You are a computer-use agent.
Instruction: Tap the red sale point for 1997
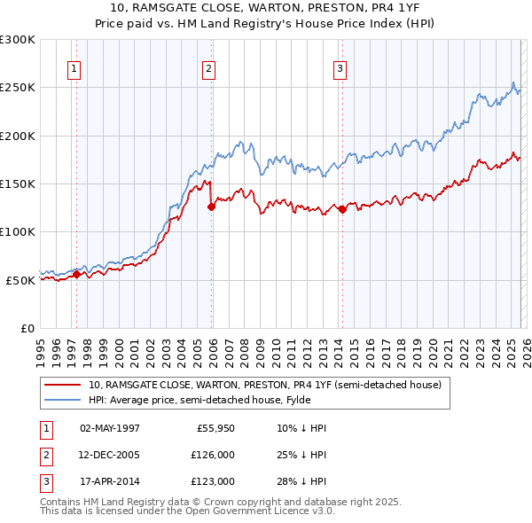76,274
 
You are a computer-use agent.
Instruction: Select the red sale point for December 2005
211,207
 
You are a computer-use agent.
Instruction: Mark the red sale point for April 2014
342,210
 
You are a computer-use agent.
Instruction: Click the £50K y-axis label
20,280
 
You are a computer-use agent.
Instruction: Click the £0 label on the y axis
27,328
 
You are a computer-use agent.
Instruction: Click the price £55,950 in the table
215,428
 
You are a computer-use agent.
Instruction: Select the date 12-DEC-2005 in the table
110,455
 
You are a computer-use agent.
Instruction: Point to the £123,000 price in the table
213,481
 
